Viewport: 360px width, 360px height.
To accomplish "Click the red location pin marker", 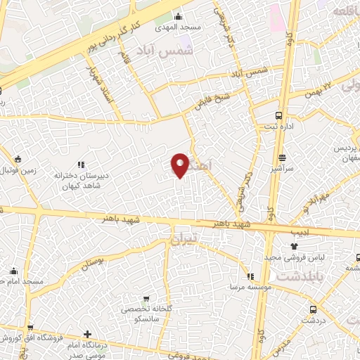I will click(x=180, y=165).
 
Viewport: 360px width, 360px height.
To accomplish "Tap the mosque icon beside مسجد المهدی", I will click(x=179, y=16).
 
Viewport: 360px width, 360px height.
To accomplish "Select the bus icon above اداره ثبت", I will click(x=279, y=115).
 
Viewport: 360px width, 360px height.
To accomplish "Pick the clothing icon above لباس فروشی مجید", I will click(x=295, y=247).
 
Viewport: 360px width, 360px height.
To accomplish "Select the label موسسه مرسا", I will click(x=244, y=287).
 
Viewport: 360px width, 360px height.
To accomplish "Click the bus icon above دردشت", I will click(x=313, y=309).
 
